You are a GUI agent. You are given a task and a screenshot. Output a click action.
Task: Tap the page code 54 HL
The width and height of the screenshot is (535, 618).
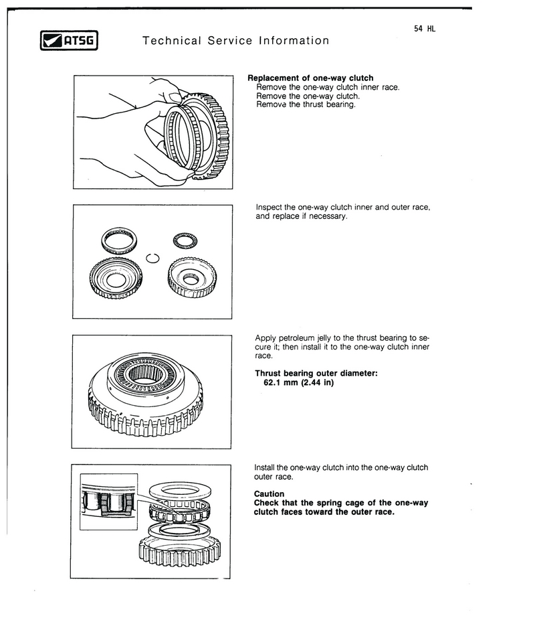click(425, 29)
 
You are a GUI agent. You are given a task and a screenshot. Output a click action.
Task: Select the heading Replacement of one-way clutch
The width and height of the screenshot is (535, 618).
click(310, 78)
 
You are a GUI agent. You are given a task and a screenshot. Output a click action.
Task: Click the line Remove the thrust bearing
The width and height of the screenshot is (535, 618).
click(306, 104)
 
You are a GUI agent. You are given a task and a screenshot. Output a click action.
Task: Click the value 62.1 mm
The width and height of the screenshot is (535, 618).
click(280, 383)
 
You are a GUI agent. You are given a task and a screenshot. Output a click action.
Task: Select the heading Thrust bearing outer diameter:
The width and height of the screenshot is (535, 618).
click(316, 374)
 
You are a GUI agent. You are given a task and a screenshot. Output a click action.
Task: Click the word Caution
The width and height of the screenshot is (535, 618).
click(269, 494)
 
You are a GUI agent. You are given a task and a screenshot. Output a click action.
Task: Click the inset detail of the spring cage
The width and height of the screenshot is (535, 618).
click(108, 501)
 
